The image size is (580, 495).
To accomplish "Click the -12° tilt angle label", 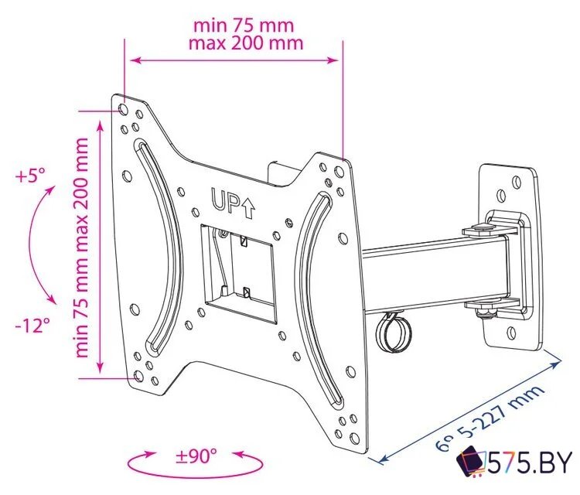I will pos(30,326).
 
